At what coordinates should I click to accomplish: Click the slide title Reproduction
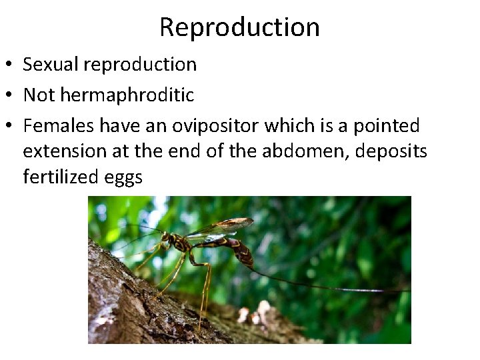pos(239,27)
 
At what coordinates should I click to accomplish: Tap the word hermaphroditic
pos(127,95)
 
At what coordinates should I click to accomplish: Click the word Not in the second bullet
pos(39,95)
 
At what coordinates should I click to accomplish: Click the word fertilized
pos(57,177)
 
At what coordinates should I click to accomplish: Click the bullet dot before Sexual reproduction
pos(11,65)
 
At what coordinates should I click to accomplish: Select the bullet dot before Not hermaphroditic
pos(11,96)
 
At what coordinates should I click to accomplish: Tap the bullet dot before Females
pos(11,127)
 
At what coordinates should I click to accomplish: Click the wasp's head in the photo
pos(166,238)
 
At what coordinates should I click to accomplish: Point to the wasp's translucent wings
pos(220,228)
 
